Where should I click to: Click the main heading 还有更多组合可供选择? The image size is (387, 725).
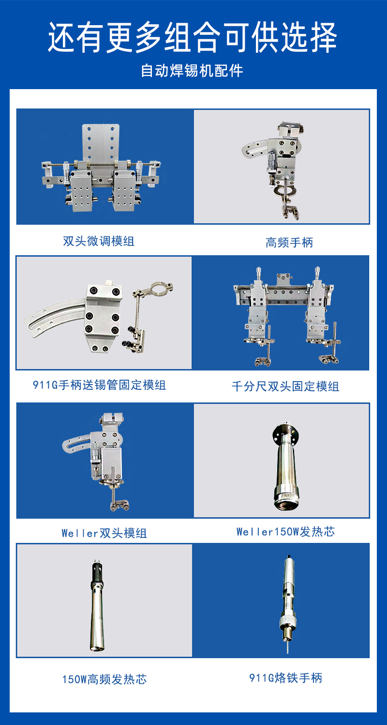193,38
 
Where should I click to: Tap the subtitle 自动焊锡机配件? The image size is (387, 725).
192,71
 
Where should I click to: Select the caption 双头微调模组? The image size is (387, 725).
99,241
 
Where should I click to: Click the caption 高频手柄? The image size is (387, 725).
289,243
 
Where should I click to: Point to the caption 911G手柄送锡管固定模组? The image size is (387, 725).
99,385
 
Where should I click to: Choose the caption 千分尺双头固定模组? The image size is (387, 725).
285,386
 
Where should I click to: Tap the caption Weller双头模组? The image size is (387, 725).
104,533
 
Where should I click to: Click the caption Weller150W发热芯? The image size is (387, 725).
285,531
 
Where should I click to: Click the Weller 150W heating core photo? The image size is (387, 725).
286,466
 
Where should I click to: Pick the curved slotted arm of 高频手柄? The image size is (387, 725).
255,148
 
